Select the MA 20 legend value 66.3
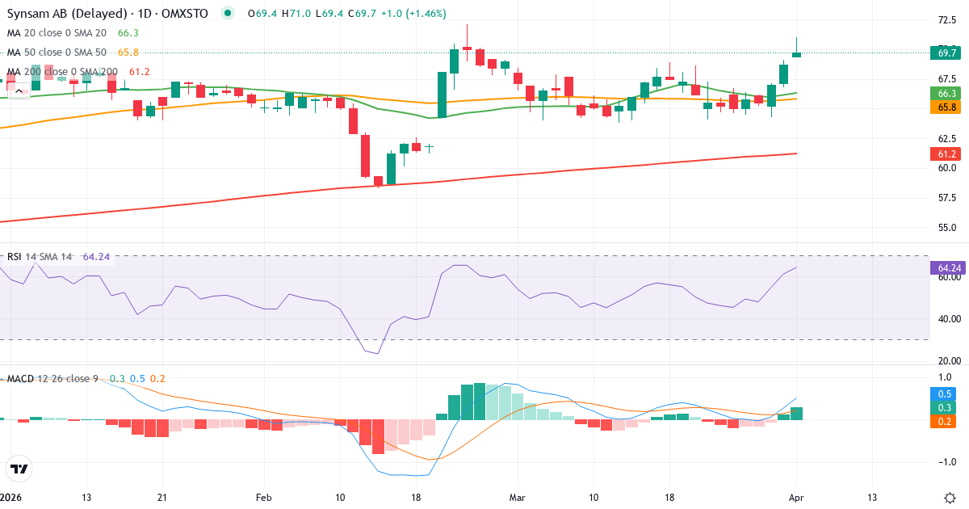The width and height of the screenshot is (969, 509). [x=128, y=32]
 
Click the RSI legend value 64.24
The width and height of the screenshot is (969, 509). [x=96, y=256]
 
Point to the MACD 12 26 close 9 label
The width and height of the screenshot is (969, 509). [x=52, y=379]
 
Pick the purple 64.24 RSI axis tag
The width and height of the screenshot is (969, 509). [x=949, y=267]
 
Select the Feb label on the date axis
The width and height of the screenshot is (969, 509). [x=263, y=497]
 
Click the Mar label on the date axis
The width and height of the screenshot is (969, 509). [x=517, y=497]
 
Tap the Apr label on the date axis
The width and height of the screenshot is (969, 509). [x=796, y=497]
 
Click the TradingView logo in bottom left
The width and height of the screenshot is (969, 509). [x=19, y=469]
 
